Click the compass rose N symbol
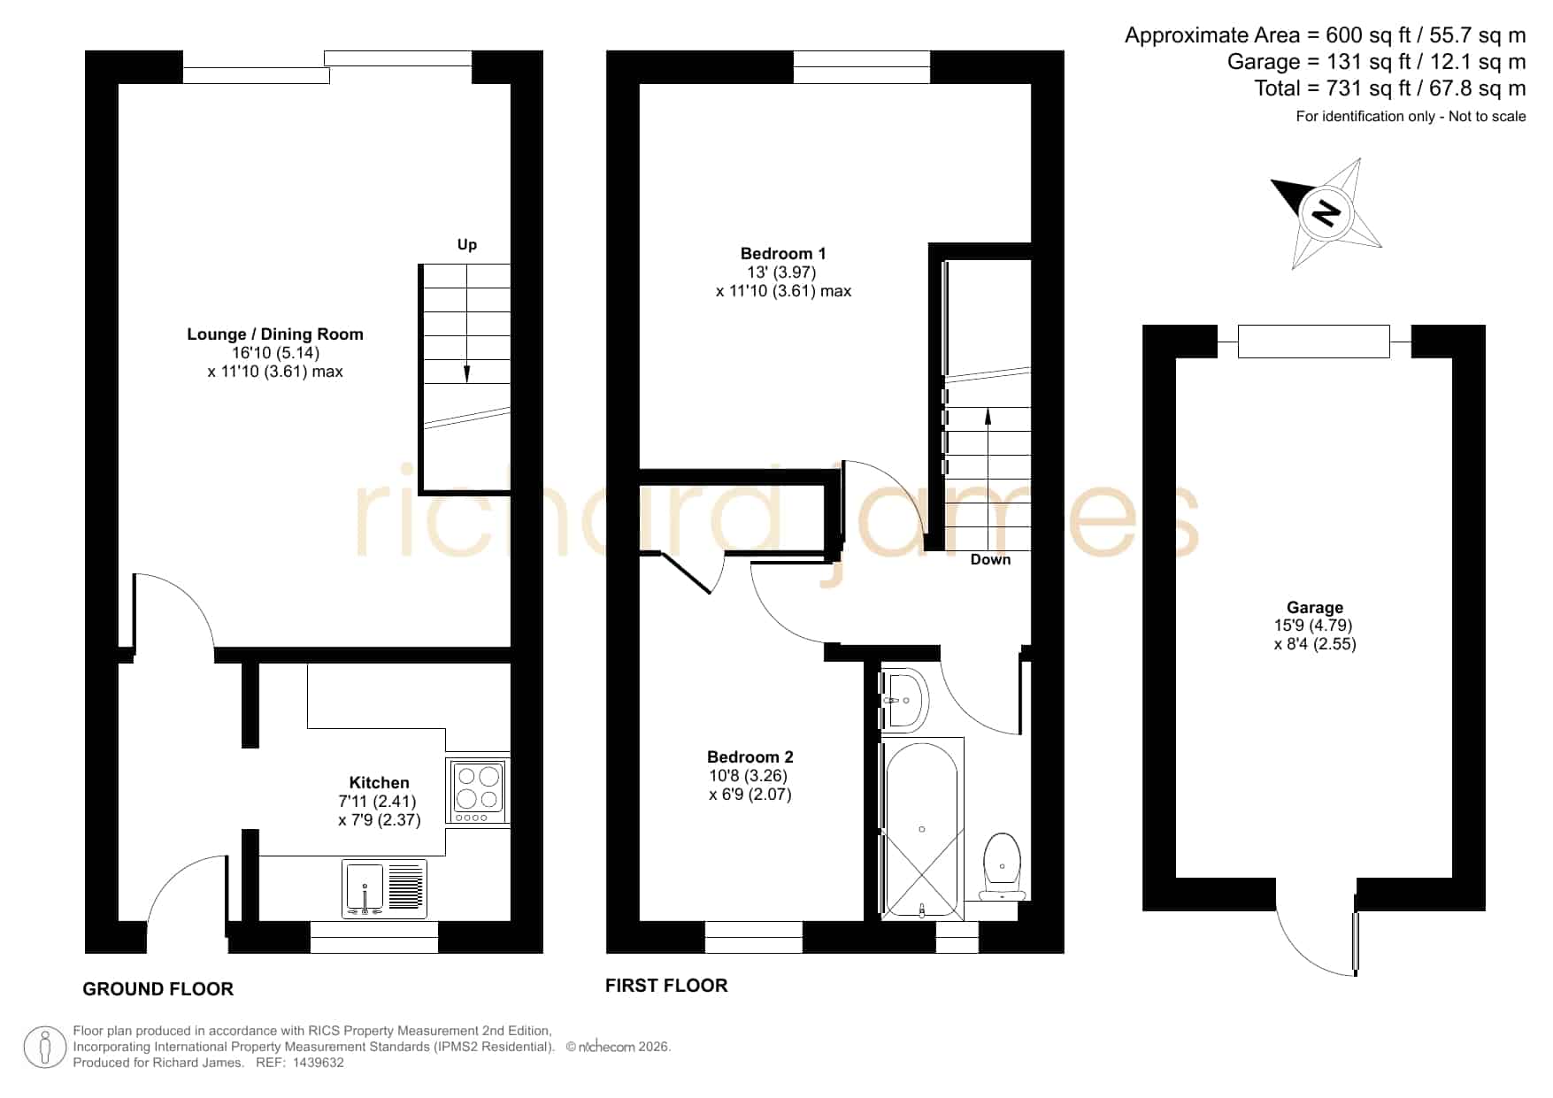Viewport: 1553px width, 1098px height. [1326, 213]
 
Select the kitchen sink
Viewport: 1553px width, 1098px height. [384, 888]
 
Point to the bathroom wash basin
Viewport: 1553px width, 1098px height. [903, 700]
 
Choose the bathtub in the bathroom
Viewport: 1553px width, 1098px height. [922, 829]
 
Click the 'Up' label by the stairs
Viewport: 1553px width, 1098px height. [467, 245]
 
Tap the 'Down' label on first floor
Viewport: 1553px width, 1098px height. [990, 559]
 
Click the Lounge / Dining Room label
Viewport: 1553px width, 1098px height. [275, 334]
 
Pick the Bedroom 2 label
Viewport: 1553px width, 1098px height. [750, 757]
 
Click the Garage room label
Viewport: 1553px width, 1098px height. [1315, 608]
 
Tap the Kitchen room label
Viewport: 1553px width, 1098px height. [380, 783]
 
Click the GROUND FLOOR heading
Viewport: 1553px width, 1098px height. [158, 989]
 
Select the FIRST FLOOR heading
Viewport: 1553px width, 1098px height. [666, 986]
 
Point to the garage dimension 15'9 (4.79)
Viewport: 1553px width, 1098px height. [1313, 626]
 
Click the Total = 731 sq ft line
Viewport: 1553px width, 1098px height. [1389, 88]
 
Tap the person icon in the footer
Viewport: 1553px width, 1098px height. [45, 1048]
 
